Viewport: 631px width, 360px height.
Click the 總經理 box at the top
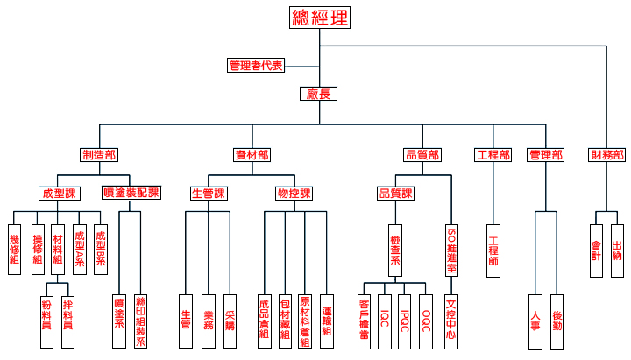[x=319, y=18]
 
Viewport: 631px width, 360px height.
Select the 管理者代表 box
[x=256, y=66]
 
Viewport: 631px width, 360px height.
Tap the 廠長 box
[x=318, y=94]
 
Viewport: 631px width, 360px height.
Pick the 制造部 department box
[x=99, y=155]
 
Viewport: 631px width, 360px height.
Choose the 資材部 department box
[x=252, y=155]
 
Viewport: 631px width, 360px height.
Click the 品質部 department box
[x=422, y=155]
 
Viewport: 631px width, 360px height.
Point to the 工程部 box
[x=493, y=155]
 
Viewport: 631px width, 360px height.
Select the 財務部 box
[x=607, y=155]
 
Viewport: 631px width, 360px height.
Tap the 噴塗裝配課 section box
[x=131, y=193]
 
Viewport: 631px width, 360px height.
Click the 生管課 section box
[x=209, y=193]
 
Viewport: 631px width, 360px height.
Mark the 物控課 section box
[x=294, y=193]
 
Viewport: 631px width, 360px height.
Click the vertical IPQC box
[x=405, y=316]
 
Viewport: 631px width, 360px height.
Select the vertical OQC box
[x=426, y=316]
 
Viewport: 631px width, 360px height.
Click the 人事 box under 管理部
[x=535, y=321]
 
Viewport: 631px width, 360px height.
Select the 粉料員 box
[x=46, y=321]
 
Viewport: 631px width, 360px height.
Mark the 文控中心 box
[x=451, y=321]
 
